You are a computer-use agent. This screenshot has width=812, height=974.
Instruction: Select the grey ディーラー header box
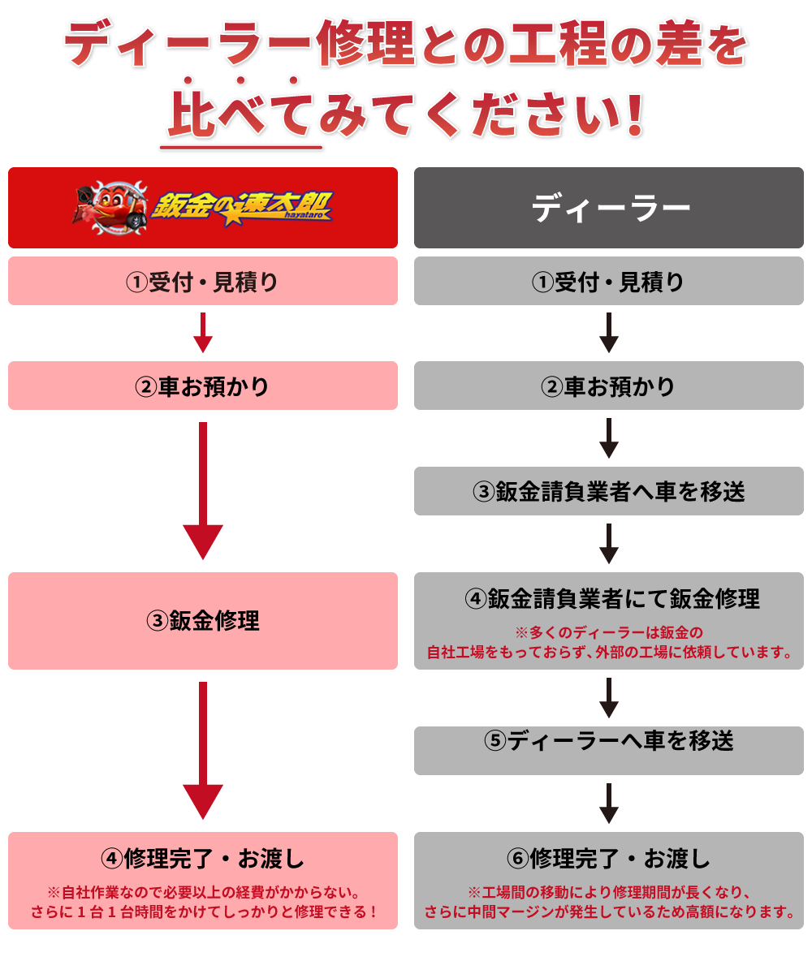(x=609, y=208)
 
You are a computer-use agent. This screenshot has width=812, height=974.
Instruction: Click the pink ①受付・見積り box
(x=203, y=282)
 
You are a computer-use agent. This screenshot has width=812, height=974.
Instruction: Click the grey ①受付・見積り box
(x=609, y=282)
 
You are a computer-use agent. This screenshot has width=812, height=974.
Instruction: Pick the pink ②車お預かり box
(x=203, y=386)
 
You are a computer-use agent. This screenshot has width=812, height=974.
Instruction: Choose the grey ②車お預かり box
(x=609, y=386)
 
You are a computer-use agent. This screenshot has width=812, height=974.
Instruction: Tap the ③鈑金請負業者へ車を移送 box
(x=609, y=491)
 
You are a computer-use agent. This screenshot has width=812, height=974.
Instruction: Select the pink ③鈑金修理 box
(x=203, y=621)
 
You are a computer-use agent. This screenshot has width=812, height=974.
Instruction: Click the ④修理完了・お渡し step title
(x=203, y=858)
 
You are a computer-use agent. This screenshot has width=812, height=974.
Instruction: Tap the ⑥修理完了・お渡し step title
(x=608, y=858)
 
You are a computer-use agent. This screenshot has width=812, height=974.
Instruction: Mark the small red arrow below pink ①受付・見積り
(x=203, y=333)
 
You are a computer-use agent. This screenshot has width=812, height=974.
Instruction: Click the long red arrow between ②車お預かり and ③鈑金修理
(x=203, y=491)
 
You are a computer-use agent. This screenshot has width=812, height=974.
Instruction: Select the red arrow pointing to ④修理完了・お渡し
(x=203, y=751)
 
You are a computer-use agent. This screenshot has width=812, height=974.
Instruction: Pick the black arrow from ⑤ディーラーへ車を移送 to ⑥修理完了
(x=609, y=803)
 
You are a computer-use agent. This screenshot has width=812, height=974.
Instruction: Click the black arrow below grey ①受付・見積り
(x=609, y=333)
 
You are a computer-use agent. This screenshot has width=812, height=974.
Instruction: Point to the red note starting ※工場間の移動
(x=609, y=901)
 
